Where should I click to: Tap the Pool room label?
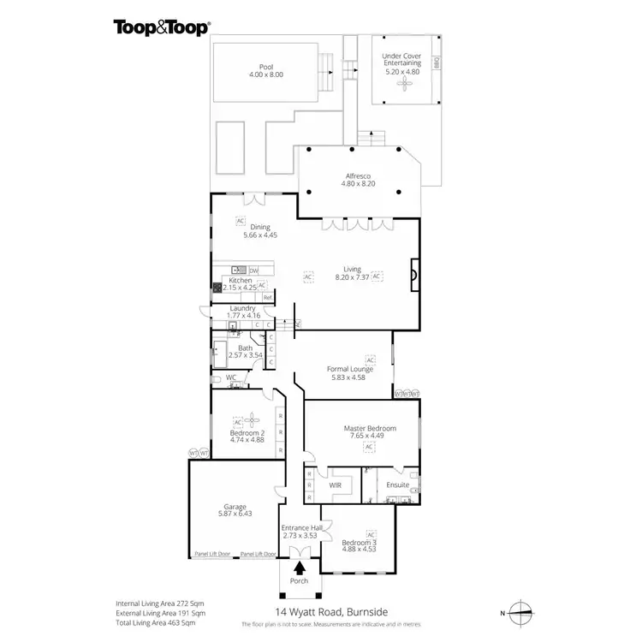(x=265, y=67)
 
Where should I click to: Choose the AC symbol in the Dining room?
(x=241, y=220)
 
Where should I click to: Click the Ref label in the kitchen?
(x=267, y=297)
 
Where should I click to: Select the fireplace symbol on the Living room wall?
(x=415, y=275)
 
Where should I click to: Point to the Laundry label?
(x=243, y=307)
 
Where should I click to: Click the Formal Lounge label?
(x=349, y=369)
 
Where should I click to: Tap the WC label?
(x=230, y=377)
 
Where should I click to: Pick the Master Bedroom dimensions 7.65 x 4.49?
(x=367, y=435)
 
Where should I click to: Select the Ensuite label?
(x=397, y=484)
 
